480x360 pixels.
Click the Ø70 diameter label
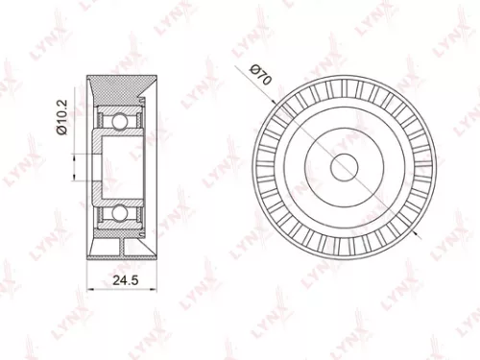click(x=260, y=77)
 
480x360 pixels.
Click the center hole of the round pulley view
click(x=344, y=165)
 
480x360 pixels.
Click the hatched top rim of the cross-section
click(x=120, y=85)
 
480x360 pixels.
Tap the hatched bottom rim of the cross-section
click(x=120, y=247)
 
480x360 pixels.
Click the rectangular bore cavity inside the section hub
click(x=122, y=165)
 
